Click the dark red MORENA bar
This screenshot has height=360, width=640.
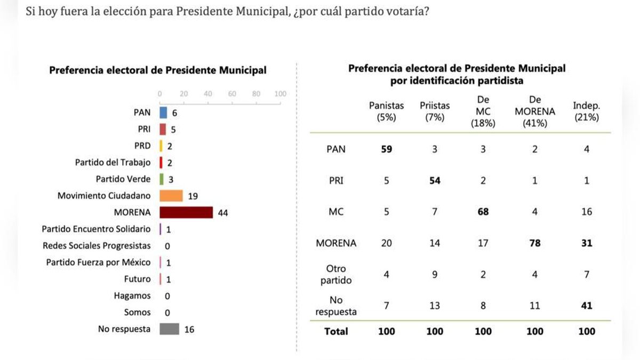186,212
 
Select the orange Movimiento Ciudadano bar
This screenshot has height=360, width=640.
171,196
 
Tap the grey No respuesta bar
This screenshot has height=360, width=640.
169,329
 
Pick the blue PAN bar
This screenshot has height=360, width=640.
163,113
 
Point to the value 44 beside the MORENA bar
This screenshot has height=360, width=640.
223,213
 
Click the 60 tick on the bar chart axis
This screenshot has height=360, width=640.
232,94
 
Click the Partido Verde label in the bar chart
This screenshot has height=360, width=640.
123,179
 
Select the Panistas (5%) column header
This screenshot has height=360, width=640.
387,112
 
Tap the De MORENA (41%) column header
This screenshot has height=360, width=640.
535,111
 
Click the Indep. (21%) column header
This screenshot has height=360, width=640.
587,111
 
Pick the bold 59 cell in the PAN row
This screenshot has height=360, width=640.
387,150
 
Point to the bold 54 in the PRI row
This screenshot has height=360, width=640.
435,181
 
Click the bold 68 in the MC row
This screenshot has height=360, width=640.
483,212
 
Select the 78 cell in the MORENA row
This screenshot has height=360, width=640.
535,243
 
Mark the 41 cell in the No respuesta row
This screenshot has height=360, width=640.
587,306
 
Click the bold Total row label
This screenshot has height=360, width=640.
336,332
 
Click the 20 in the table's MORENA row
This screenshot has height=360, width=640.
387,243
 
